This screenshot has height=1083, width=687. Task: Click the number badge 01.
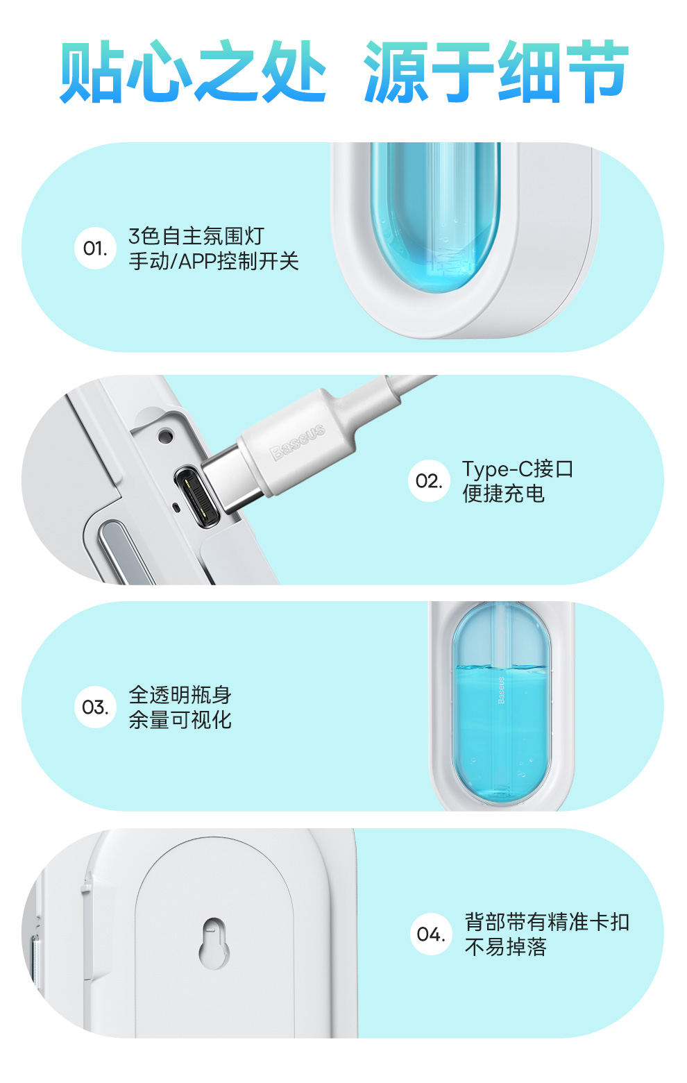click(95, 248)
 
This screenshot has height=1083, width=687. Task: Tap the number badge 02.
click(429, 480)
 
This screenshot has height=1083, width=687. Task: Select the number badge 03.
click(95, 707)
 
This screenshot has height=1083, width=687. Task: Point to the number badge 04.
click(431, 934)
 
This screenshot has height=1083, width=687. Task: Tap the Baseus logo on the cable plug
click(297, 442)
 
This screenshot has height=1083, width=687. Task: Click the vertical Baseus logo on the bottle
click(501, 690)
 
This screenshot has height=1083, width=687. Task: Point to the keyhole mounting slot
click(214, 943)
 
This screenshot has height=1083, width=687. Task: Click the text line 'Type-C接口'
click(518, 469)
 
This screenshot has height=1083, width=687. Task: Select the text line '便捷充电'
click(503, 494)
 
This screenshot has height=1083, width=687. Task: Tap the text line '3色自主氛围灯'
click(196, 236)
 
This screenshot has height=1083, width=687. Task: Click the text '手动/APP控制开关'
click(214, 261)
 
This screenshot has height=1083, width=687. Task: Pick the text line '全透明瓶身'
click(180, 695)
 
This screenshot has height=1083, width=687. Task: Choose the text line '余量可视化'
click(180, 720)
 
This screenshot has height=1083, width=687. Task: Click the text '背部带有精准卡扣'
click(547, 922)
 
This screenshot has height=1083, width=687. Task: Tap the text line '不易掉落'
click(505, 947)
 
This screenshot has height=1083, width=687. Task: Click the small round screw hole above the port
click(165, 435)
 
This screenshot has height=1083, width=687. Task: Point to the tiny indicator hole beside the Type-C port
click(176, 507)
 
